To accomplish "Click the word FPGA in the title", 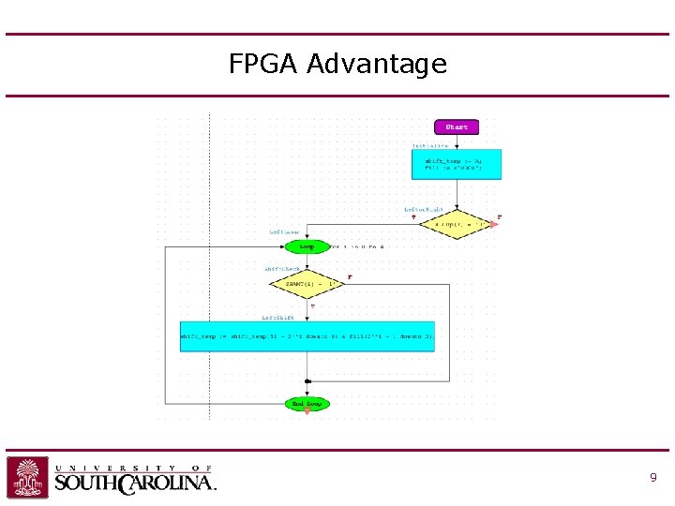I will tap(264, 64).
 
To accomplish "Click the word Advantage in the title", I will tap(377, 65).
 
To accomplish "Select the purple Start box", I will tap(457, 126).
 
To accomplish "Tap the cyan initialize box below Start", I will tap(457, 164).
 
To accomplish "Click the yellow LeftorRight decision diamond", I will tap(457, 225).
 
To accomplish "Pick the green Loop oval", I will tap(307, 247).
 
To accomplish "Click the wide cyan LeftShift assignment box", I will tap(307, 335).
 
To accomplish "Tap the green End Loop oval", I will tap(307, 404).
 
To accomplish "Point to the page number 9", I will tap(652, 478).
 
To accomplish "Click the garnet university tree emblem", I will tap(28, 477).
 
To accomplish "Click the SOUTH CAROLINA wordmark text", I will tap(135, 484).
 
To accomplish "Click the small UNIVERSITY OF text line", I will tap(132, 468).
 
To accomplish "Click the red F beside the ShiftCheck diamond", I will tap(350, 277).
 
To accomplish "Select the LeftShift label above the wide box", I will tap(277, 317).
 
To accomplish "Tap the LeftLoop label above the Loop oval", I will tap(285, 232).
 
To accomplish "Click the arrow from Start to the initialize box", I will tap(457, 141).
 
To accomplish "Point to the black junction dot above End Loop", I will tap(307, 381).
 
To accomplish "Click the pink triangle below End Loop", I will tap(307, 412).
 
